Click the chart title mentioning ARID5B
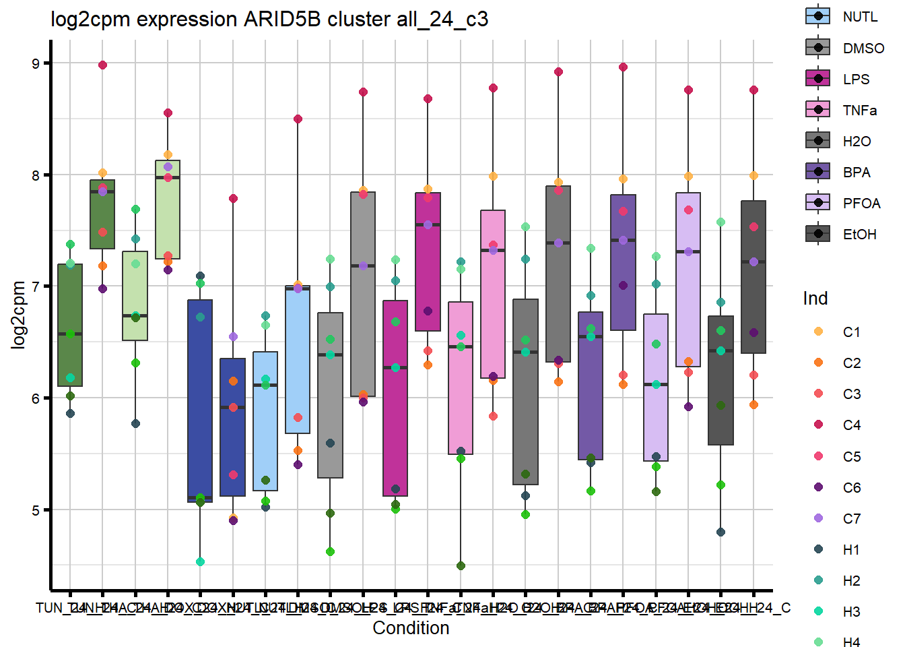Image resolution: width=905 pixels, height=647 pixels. click(269, 19)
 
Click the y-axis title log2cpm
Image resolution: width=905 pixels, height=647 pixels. click(18, 315)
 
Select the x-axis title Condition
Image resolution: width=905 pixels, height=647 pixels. click(411, 628)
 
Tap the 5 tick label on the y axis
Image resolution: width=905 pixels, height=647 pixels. click(36, 510)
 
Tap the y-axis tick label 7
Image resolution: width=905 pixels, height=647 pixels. click(36, 286)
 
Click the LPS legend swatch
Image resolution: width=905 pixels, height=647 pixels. click(817, 79)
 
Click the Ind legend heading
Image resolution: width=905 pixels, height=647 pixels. click(815, 298)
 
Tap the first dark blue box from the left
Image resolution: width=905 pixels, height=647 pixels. click(200, 401)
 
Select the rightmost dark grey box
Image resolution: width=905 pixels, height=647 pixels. click(753, 276)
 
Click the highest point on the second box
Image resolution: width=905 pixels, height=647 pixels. click(103, 65)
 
